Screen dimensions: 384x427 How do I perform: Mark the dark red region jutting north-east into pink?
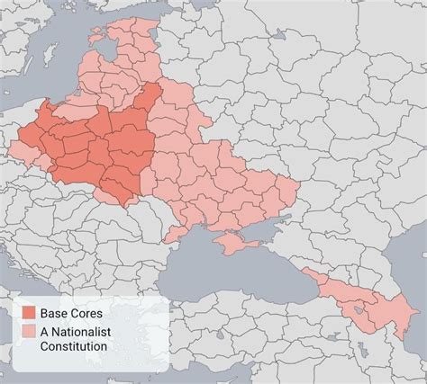click(153, 99)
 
